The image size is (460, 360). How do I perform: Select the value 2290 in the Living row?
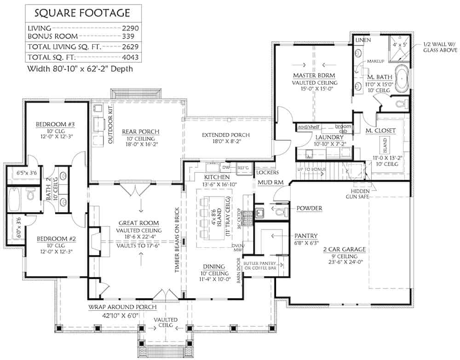131,28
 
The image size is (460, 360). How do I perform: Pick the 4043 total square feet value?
131,58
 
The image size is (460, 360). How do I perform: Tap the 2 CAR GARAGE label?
344,250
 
